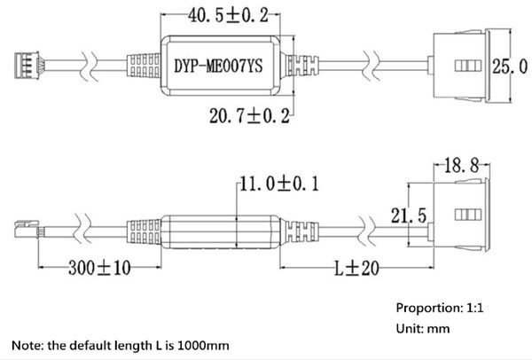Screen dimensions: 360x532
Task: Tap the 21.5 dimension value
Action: click(410, 216)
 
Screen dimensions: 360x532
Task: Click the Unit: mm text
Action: click(423, 329)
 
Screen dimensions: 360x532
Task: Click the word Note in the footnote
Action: click(27, 345)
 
